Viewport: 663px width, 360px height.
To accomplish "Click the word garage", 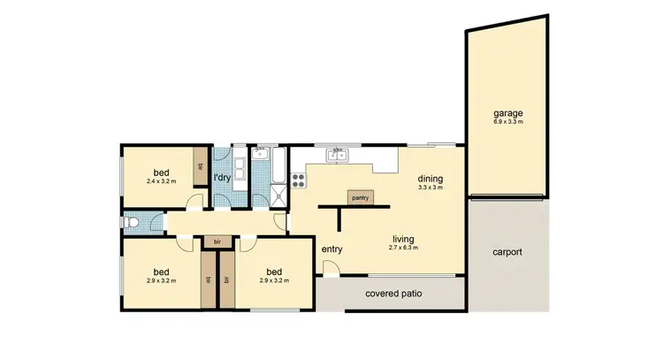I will coord(508,113).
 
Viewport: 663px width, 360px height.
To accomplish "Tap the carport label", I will coord(507,252).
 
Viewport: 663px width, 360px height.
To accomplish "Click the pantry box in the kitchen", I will coord(360,197).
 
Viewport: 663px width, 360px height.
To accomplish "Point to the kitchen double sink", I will coord(337,157).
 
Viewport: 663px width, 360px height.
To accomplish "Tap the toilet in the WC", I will coord(131,223).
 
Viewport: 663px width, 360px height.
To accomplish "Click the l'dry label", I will coord(222,178).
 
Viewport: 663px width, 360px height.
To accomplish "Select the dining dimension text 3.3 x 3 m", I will coord(430,188).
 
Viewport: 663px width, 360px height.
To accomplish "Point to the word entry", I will coord(331,249).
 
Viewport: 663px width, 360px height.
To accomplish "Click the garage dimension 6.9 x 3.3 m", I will coord(508,122).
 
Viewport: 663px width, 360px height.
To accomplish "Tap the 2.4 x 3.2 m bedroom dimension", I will coord(162,181).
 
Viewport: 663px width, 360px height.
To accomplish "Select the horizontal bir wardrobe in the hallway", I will coord(217,240).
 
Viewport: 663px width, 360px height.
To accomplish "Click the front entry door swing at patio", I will coord(331,271).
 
